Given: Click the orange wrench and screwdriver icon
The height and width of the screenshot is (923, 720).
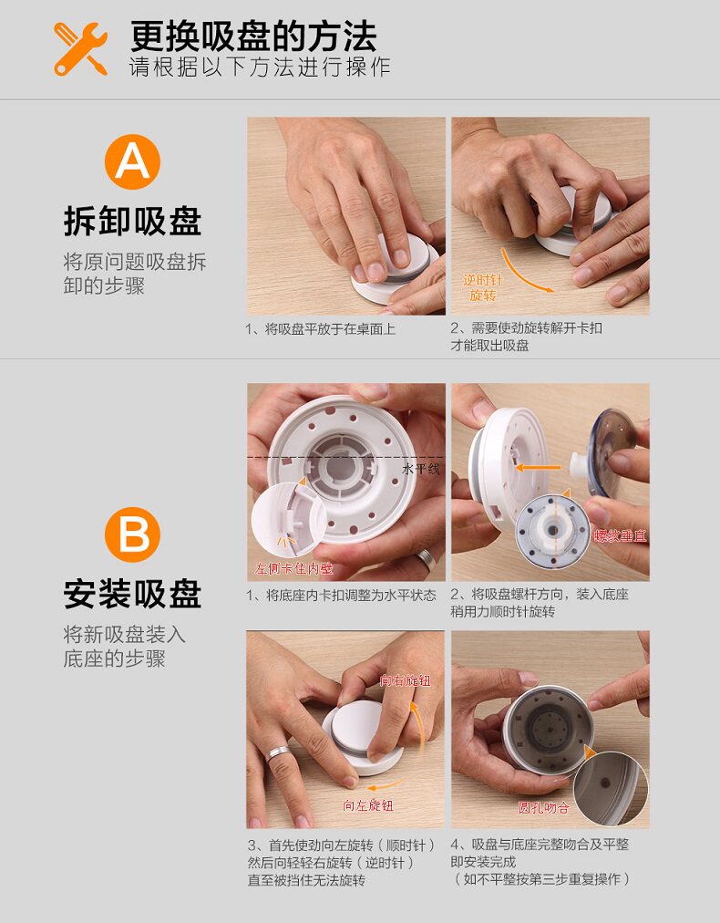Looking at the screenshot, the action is point(80,49).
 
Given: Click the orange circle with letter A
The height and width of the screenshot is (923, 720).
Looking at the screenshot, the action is point(132,161).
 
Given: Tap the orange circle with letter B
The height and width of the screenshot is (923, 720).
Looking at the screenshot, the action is point(132,534).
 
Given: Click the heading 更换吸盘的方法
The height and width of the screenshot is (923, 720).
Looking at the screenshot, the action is point(253,36).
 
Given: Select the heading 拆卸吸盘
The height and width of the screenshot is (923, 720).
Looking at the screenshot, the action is point(132,222).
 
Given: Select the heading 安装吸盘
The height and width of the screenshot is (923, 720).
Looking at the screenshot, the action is point(132,594).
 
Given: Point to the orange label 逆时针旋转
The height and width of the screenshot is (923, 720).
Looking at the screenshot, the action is point(482,287).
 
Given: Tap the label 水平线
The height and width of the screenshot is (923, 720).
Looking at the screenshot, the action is point(421,469).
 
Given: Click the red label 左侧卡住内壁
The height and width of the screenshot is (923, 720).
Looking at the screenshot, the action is point(293,568).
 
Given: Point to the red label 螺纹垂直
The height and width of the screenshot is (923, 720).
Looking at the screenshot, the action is point(620,535).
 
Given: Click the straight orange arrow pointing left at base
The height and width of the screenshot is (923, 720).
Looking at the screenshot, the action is point(538,468).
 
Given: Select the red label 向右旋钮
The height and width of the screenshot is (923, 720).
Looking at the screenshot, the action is point(406,681).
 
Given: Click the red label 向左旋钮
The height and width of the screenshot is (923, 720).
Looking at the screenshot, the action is point(368,805).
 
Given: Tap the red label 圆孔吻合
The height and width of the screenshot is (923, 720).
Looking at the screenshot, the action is point(543,808).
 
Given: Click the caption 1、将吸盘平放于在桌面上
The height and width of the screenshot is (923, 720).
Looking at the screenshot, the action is point(320,329).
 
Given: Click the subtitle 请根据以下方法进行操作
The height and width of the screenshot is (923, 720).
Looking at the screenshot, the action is point(260,67).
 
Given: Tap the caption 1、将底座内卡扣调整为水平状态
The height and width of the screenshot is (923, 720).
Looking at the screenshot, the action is point(341,596).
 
